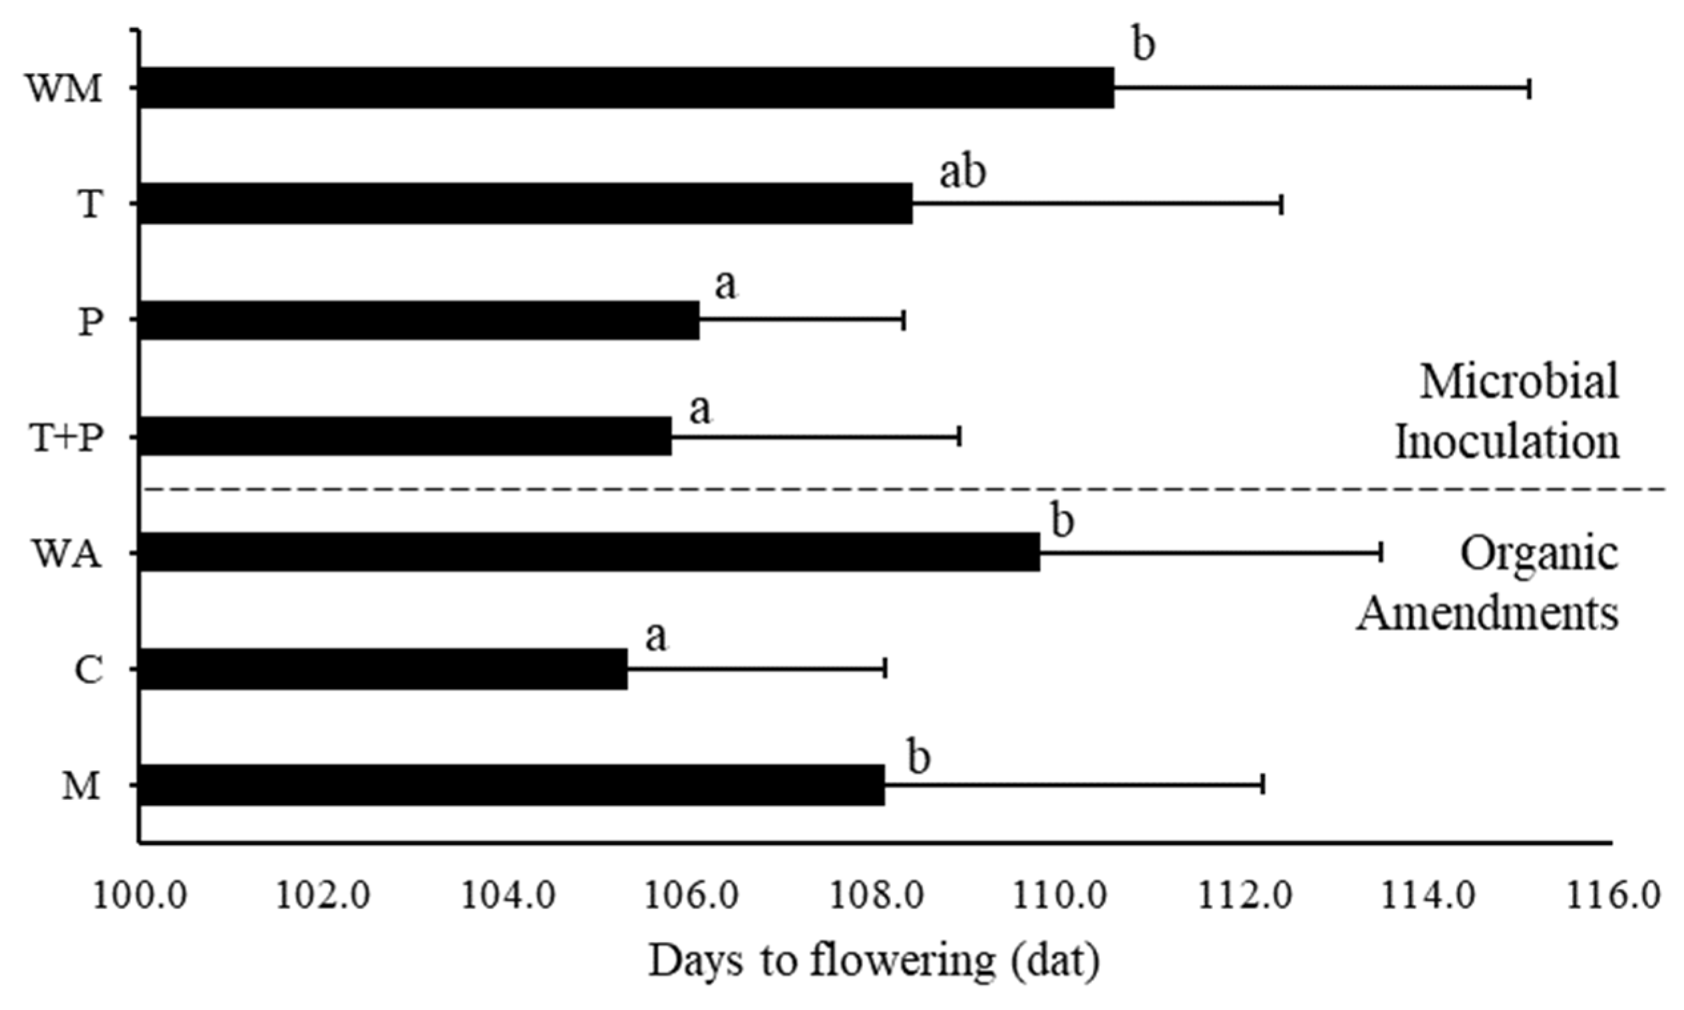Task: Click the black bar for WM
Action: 626,88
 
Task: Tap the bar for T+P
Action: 405,436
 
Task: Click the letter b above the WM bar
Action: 1144,45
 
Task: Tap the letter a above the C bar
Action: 656,637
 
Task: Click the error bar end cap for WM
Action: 1530,88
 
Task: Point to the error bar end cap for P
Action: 904,320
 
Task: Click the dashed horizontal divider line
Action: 884,488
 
